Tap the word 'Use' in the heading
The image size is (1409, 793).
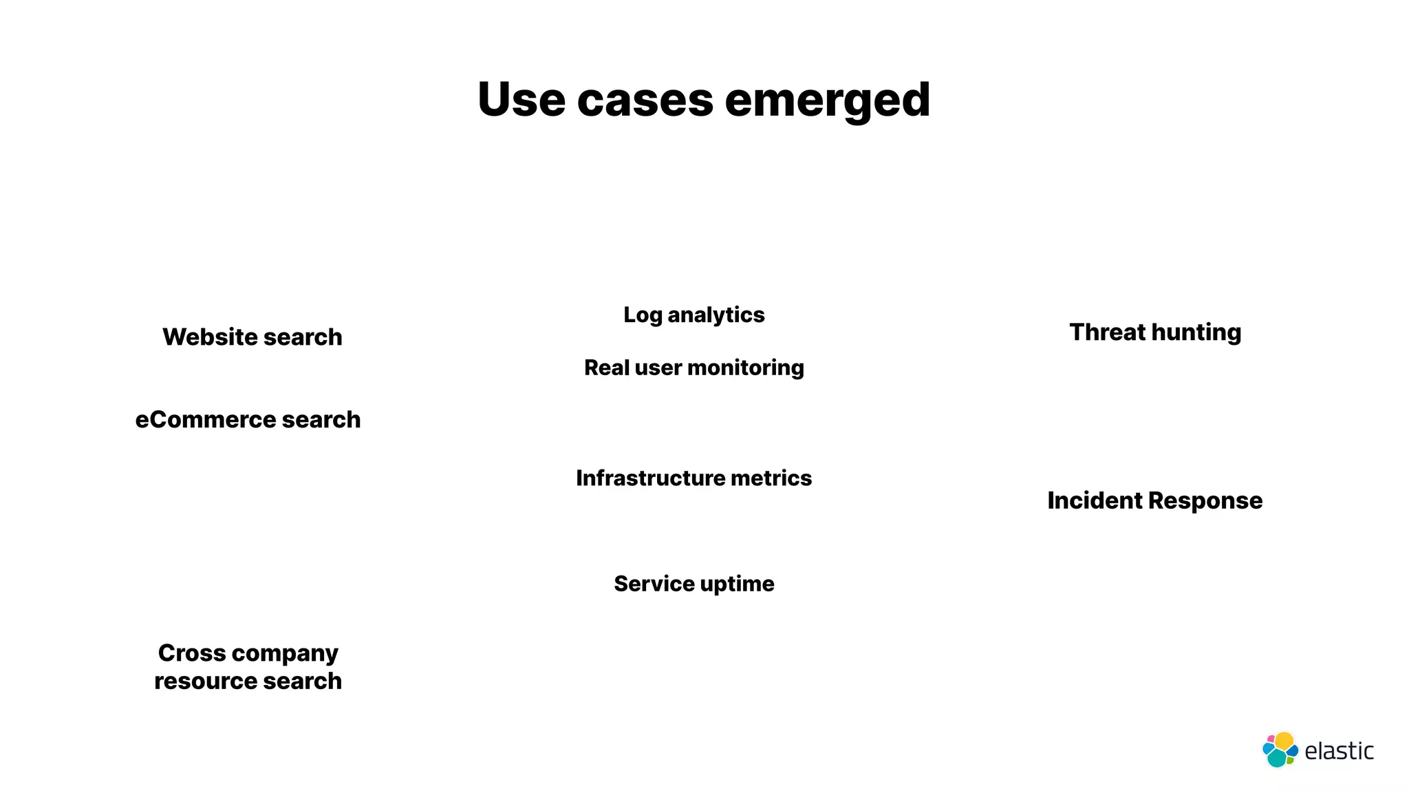pos(521,100)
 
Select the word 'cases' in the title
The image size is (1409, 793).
pos(645,100)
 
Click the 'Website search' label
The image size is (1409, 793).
pos(252,337)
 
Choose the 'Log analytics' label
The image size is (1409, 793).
pos(693,315)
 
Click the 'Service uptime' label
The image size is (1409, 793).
pos(693,584)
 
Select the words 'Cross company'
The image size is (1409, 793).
pos(248,653)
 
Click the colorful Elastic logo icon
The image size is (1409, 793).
pos(1280,750)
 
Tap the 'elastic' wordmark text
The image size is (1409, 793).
pos(1339,751)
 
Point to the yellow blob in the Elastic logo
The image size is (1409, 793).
pos(1284,741)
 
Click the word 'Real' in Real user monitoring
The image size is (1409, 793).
pos(606,368)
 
